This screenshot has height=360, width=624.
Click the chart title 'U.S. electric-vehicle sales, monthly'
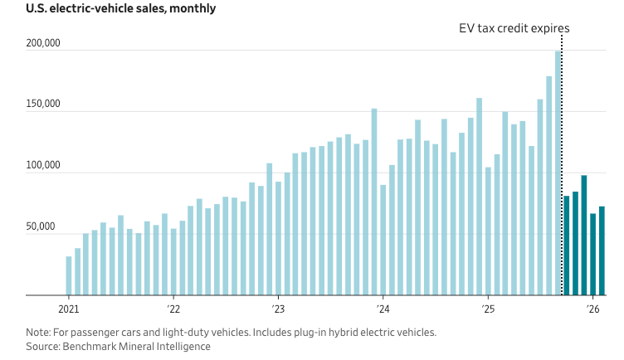[x=121, y=9]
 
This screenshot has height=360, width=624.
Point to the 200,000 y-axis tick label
[x=43, y=43]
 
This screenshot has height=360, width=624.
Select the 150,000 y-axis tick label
[x=43, y=105]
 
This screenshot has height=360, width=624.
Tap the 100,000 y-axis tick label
[x=43, y=166]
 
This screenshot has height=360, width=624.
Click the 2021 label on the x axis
[x=68, y=309]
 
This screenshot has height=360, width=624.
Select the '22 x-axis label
[x=173, y=309]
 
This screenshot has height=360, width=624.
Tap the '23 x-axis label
[x=278, y=309]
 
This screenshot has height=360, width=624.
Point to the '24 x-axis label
[x=383, y=309]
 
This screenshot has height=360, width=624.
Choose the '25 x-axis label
[x=488, y=309]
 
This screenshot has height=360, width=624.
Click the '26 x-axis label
[x=592, y=309]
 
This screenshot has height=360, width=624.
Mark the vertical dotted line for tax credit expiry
[x=562, y=166]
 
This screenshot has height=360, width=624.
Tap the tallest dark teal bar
[x=584, y=235]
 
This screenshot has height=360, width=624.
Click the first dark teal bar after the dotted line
[x=567, y=245]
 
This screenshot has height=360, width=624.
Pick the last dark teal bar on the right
[x=602, y=251]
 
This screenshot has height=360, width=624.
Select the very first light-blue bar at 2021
[x=69, y=275]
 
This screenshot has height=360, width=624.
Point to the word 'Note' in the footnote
[x=38, y=332]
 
